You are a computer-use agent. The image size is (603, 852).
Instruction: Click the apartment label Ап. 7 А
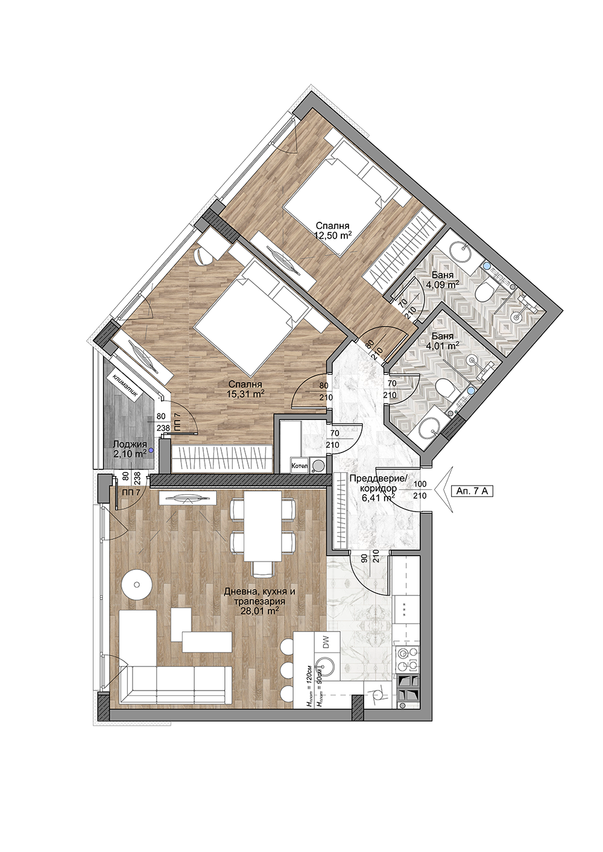[x=472, y=491]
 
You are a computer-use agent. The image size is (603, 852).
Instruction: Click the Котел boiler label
[x=300, y=465]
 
